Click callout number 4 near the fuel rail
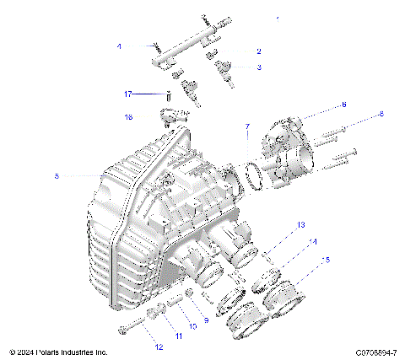pos(119,46)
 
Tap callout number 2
pos(258,51)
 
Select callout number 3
pos(259,67)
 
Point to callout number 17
pos(129,94)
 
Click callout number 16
pos(129,116)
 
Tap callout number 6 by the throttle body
pos(343,105)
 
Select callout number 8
pos(381,113)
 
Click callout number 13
pos(300,225)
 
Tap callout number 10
pos(192,325)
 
